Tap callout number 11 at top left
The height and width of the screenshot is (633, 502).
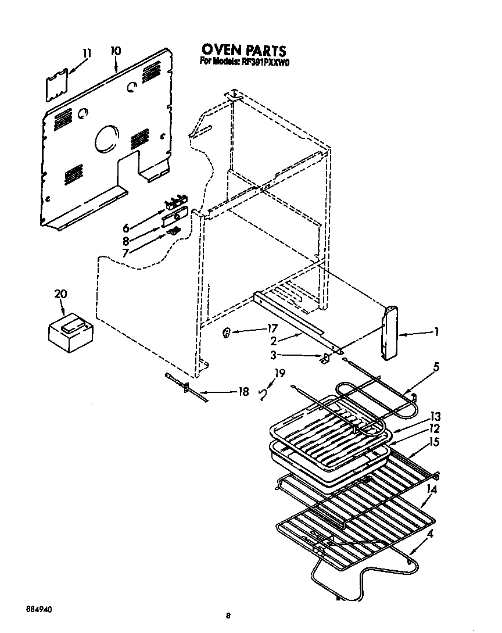[87, 53]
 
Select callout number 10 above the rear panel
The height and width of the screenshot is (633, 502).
[116, 51]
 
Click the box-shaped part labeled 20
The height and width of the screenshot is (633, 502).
[69, 333]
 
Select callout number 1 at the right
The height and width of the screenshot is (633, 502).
[436, 333]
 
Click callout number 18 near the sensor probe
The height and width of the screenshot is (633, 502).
[243, 392]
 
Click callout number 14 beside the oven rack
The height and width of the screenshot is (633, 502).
[431, 489]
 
